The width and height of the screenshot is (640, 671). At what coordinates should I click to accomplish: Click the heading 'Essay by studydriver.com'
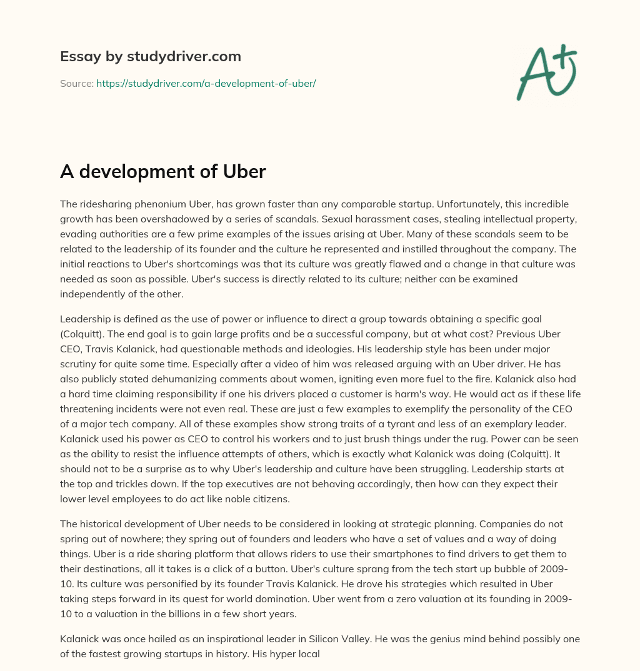[150, 57]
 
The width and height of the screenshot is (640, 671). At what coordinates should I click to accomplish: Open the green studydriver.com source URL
[206, 83]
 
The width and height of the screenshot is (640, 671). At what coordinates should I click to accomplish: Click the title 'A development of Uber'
[163, 172]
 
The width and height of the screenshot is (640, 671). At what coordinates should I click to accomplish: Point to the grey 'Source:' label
[77, 83]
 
